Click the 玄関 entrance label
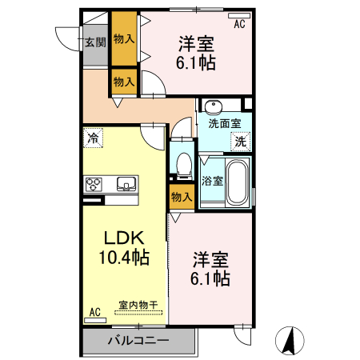click(x=96, y=42)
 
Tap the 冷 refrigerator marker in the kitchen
click(x=94, y=138)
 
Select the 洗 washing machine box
click(x=239, y=142)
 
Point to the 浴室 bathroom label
click(x=211, y=181)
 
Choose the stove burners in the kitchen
click(x=95, y=184)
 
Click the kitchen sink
click(x=127, y=184)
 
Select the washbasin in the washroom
click(x=214, y=107)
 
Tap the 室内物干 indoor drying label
click(x=138, y=305)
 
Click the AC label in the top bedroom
click(x=238, y=25)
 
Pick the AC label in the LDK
click(x=94, y=312)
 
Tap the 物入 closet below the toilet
click(x=182, y=197)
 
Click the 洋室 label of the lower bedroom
click(x=211, y=259)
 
